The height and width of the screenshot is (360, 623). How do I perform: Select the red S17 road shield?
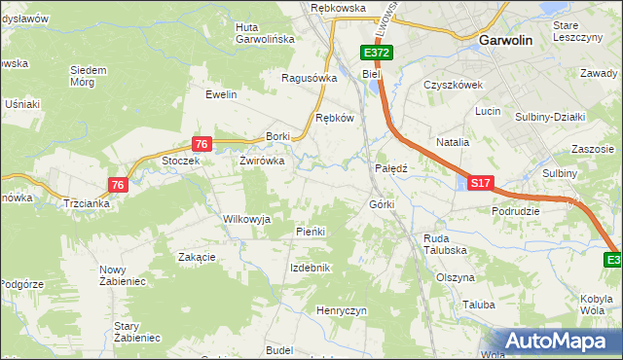(481, 182)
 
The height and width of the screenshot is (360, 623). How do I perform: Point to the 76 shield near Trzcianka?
(118, 185)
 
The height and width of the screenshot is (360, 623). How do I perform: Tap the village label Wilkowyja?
(247, 219)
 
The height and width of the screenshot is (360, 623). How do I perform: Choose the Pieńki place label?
(310, 232)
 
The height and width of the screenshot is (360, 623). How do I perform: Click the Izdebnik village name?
(311, 268)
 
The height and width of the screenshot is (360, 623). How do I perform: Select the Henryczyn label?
(341, 309)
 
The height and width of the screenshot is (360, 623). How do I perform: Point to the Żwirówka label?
(262, 162)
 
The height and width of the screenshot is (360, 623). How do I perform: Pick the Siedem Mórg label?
(89, 76)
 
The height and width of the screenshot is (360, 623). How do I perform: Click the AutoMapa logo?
(560, 341)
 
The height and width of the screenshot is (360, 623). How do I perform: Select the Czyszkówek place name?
(454, 85)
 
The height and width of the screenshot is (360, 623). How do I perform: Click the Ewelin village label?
(221, 94)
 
